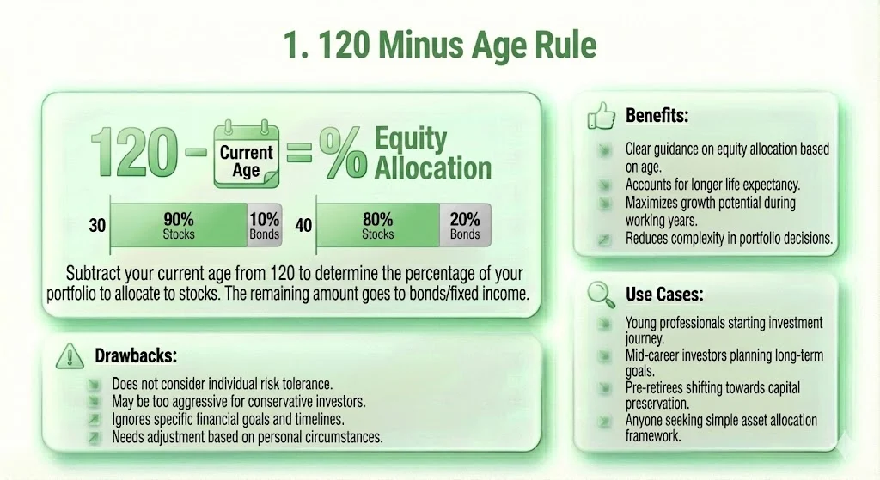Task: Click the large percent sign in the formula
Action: (342, 155)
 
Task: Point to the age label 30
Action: (97, 227)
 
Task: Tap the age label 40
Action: (302, 227)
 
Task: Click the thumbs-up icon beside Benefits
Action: (599, 114)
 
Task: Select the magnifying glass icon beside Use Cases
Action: (599, 294)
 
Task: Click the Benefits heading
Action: (657, 115)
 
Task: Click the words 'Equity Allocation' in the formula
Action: (432, 153)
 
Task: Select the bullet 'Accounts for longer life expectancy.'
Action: (712, 183)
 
